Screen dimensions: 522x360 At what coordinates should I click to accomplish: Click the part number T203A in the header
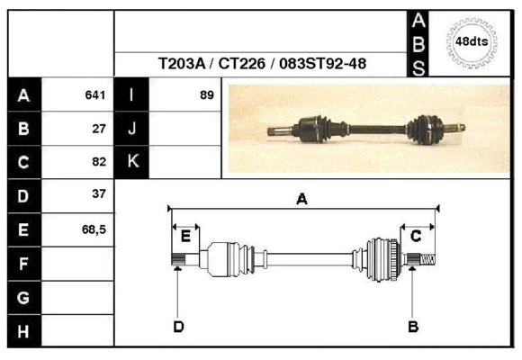(182, 63)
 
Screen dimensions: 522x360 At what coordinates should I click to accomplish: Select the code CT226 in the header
(242, 63)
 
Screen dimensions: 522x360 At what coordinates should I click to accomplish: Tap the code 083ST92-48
(322, 63)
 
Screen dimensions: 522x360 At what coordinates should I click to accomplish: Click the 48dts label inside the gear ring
(472, 41)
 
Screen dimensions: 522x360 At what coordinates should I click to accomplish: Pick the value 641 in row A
(95, 94)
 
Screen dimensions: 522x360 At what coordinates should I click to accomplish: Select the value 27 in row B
(99, 129)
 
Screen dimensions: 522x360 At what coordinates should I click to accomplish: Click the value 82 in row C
(99, 161)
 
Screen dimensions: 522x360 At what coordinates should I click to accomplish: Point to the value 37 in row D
(99, 193)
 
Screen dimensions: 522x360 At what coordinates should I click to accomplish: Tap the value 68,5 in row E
(94, 229)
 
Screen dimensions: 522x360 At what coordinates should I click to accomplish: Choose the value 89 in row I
(207, 94)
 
